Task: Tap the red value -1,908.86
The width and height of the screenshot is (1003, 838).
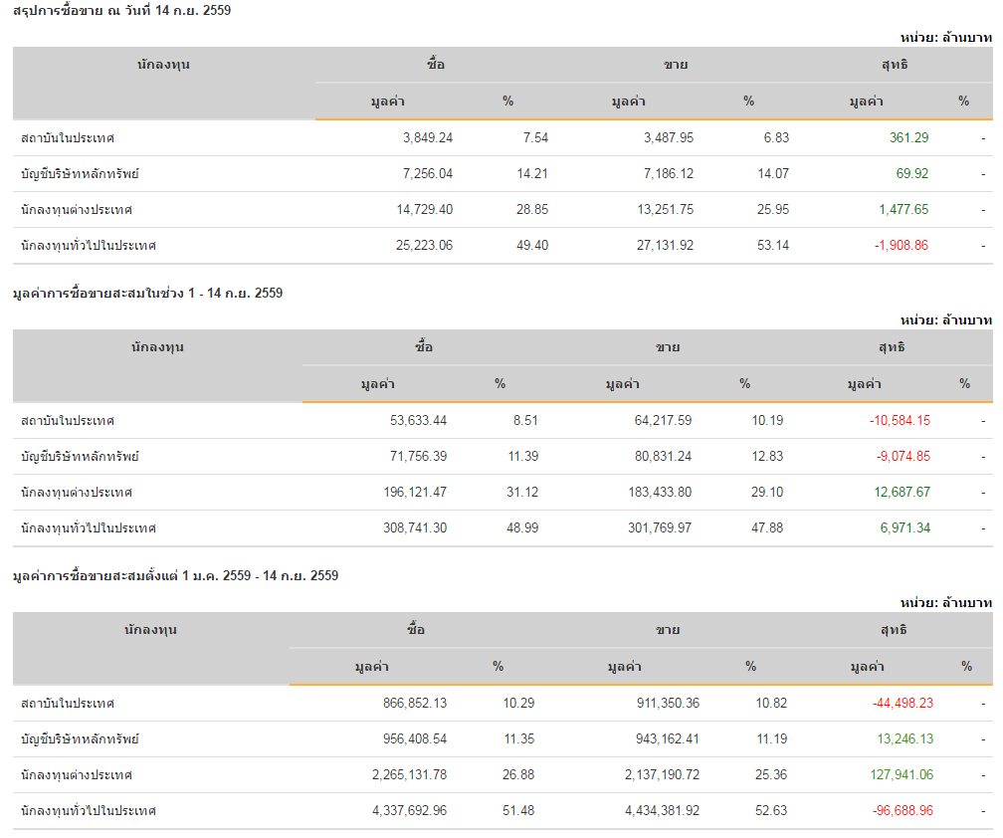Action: click(x=900, y=245)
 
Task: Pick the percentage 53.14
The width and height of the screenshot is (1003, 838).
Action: click(x=773, y=245)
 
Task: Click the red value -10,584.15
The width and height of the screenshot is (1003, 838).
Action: click(x=900, y=420)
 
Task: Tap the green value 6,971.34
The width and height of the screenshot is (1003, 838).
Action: click(x=904, y=527)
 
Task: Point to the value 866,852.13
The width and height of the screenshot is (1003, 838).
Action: click(x=409, y=703)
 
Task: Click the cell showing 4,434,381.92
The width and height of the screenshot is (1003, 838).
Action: click(x=662, y=810)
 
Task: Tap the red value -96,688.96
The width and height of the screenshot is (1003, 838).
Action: click(x=903, y=810)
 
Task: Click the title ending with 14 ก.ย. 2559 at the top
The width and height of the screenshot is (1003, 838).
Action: click(x=122, y=10)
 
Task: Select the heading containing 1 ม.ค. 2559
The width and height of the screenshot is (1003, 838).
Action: click(x=175, y=575)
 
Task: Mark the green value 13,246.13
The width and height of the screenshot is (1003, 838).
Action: click(x=904, y=738)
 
